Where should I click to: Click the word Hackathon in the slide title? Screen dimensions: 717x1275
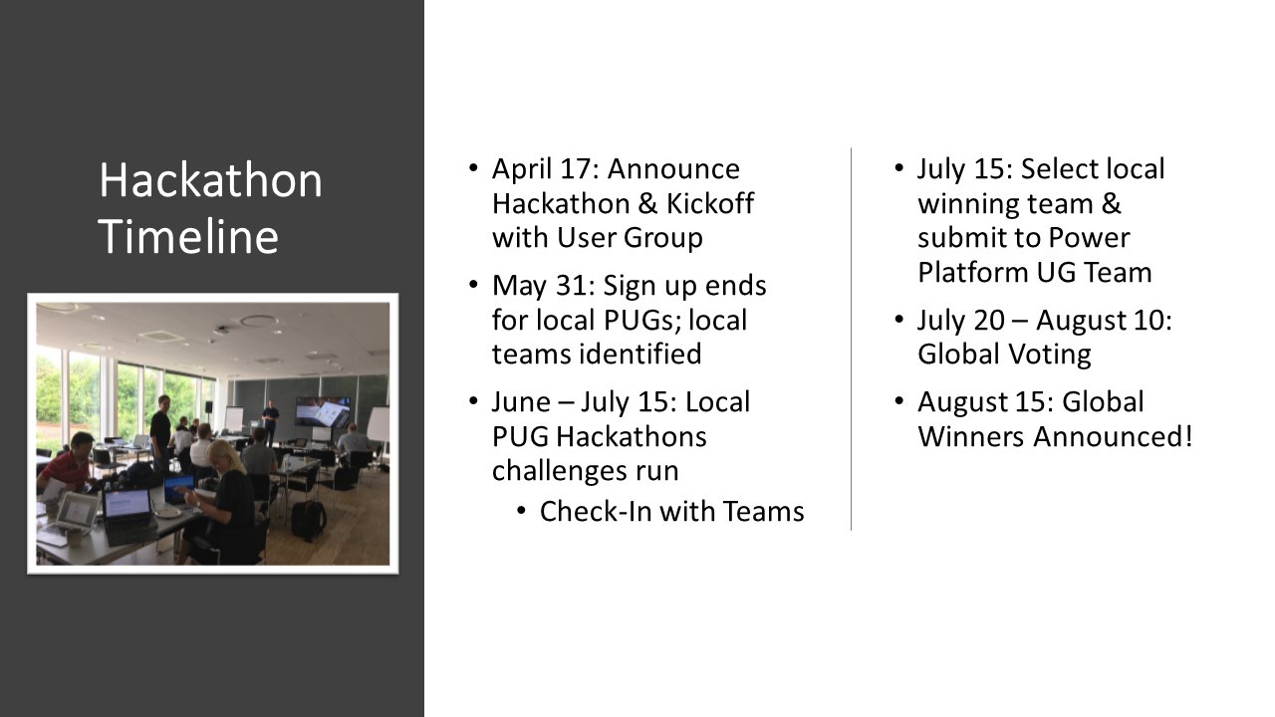(x=210, y=181)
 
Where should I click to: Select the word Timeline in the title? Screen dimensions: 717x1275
(x=188, y=237)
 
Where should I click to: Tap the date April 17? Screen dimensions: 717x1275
(x=544, y=169)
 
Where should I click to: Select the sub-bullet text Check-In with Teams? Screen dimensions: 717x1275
(x=671, y=511)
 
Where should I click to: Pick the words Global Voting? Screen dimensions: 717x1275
(x=1004, y=355)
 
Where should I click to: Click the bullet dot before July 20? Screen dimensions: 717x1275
(x=898, y=320)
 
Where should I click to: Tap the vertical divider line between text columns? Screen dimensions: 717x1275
(x=851, y=339)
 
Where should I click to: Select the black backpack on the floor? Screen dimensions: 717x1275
(x=308, y=519)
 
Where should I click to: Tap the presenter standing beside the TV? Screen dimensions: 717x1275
(x=270, y=420)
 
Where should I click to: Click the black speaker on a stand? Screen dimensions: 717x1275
(x=208, y=407)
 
